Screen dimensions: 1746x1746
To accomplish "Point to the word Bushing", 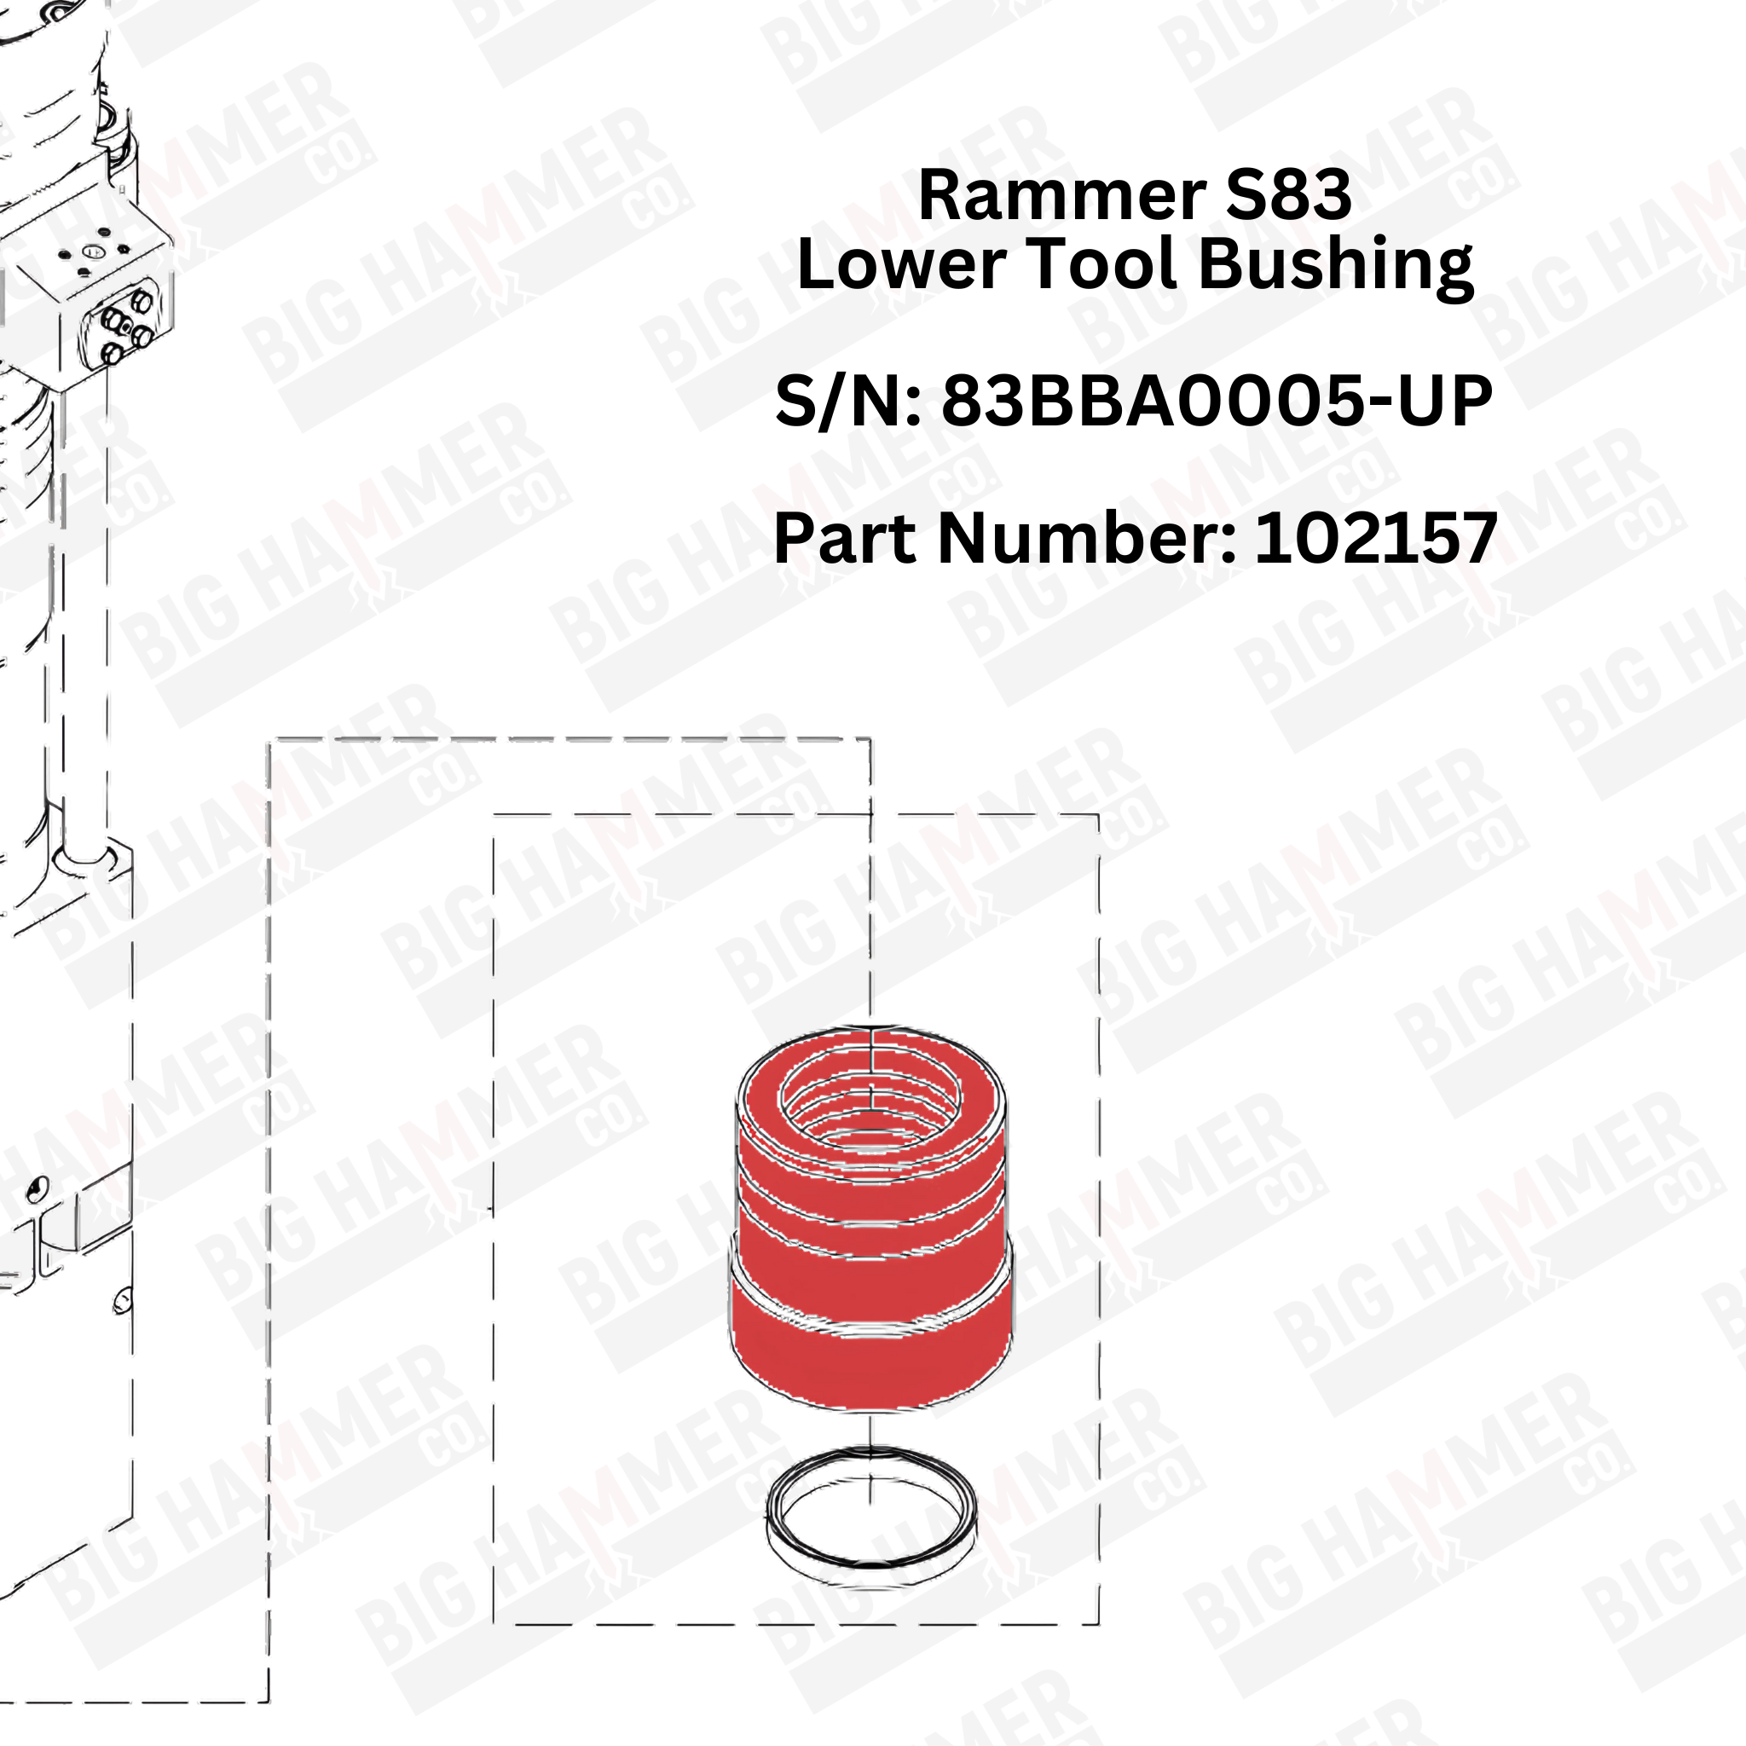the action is coord(1338,268).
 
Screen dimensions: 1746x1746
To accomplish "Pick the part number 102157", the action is coord(1376,538).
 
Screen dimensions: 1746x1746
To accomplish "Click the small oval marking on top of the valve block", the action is coord(94,251).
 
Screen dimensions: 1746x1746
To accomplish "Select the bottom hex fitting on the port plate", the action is coord(111,353).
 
